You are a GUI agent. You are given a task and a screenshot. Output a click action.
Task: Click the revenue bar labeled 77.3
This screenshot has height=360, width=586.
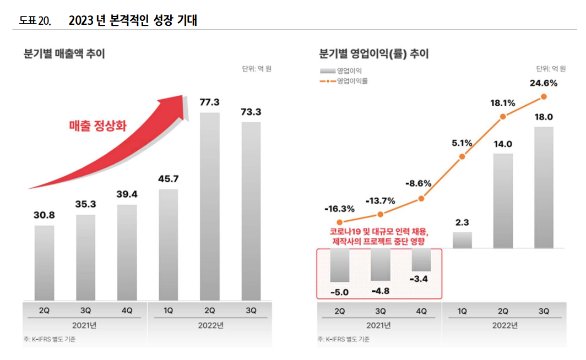pyautogui.click(x=210, y=206)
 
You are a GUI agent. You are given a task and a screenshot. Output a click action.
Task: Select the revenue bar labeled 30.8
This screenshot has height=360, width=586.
pyautogui.click(x=44, y=263)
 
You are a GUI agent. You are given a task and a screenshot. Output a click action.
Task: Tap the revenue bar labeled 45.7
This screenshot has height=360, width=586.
pyautogui.click(x=169, y=245)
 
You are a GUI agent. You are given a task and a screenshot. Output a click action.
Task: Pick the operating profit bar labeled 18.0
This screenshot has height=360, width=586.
pyautogui.click(x=544, y=187)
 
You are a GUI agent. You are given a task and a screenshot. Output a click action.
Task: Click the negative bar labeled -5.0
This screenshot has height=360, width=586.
pyautogui.click(x=339, y=265)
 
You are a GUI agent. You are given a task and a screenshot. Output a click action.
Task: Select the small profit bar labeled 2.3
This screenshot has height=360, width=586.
pyautogui.click(x=462, y=240)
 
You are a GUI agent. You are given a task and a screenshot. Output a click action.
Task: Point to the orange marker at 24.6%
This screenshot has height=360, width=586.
pyautogui.click(x=544, y=96)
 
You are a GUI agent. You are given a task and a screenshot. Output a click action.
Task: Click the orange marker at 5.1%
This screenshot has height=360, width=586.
pyautogui.click(x=462, y=157)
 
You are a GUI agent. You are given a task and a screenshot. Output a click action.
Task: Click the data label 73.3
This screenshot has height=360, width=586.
pyautogui.click(x=251, y=112)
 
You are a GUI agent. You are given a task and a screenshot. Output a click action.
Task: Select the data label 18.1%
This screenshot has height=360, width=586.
pyautogui.click(x=502, y=103)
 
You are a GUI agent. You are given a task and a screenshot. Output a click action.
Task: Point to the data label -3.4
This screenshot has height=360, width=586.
pyautogui.click(x=421, y=280)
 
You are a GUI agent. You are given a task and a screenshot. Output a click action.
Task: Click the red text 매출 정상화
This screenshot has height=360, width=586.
pyautogui.click(x=97, y=126)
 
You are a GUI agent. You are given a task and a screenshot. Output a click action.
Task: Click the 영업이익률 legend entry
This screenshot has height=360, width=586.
pyautogui.click(x=345, y=81)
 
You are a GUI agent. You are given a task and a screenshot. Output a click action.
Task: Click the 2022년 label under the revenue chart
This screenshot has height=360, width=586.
pyautogui.click(x=210, y=325)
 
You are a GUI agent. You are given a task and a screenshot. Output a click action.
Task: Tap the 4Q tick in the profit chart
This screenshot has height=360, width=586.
pyautogui.click(x=421, y=311)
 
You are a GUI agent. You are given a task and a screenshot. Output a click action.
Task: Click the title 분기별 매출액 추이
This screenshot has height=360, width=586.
pyautogui.click(x=64, y=54)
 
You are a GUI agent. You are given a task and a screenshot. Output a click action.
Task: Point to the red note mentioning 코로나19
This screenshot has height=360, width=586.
pyautogui.click(x=380, y=236)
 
